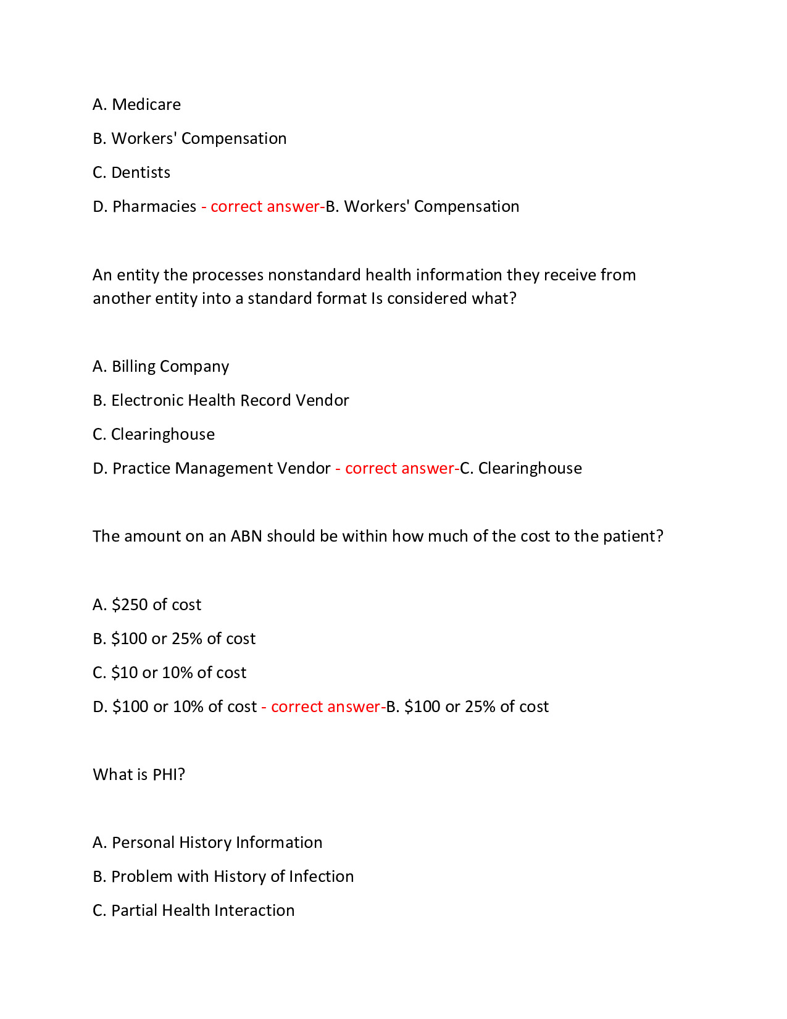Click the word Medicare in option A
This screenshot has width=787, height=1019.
146,104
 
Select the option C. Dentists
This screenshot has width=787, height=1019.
131,172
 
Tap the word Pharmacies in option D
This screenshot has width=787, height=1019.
154,206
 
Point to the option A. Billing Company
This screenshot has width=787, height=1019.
160,366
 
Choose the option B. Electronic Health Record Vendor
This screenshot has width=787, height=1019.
220,400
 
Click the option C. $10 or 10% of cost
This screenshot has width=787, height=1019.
169,673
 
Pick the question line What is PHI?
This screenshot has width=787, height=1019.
139,774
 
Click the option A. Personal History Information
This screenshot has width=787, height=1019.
207,842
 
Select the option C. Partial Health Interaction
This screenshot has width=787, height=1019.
193,910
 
